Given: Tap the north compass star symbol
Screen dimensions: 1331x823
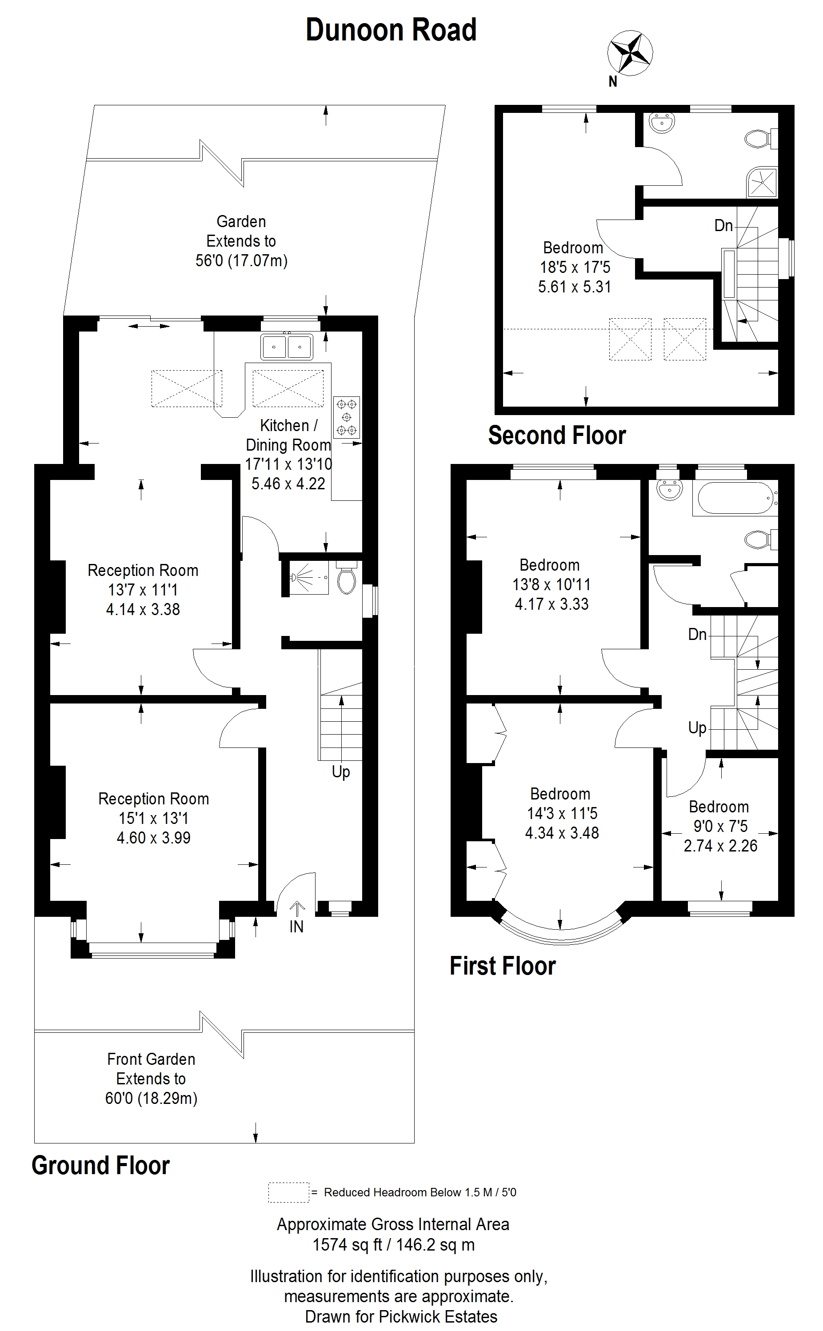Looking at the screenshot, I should point(630,53).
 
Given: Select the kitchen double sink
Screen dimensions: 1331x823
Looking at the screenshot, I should point(287,346).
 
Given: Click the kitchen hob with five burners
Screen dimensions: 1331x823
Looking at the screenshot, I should point(347,417).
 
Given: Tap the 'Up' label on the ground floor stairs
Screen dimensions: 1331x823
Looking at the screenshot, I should point(341,772).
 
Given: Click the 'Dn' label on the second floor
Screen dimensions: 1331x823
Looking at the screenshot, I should point(723,225).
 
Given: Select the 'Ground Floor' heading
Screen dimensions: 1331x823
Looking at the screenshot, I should point(101,1166).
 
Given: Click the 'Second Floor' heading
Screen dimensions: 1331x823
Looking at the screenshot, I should point(556,436).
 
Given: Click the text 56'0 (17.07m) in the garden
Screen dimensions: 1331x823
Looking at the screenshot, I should point(241,261).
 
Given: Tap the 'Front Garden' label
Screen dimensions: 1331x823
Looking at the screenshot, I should point(151,1059).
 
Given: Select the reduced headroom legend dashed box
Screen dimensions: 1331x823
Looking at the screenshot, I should point(288,1192).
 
